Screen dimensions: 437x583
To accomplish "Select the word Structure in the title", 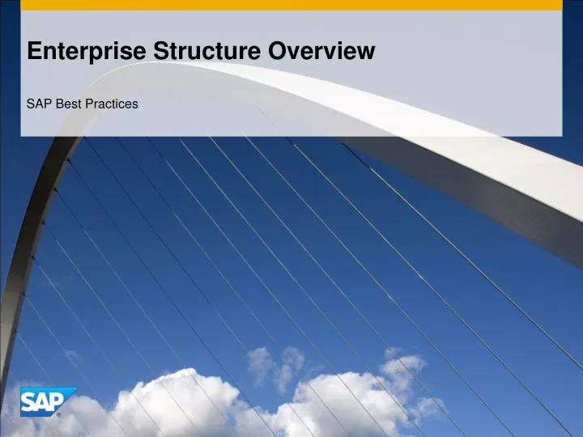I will click(208, 52).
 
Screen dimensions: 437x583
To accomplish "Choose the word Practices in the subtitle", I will click(111, 104).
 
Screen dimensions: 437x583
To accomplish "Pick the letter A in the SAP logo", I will click(43, 402).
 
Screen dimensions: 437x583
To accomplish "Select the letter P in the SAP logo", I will click(57, 401).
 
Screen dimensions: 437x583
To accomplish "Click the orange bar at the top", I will click(291, 5).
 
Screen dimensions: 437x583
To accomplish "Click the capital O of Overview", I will click(279, 52).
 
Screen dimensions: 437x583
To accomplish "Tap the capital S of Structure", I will click(160, 52).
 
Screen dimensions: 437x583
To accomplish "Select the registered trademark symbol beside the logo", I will click(58, 414).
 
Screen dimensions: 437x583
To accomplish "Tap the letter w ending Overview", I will click(368, 53).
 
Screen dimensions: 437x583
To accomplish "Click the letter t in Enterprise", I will click(60, 52).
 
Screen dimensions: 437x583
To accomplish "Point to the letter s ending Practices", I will click(134, 104).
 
